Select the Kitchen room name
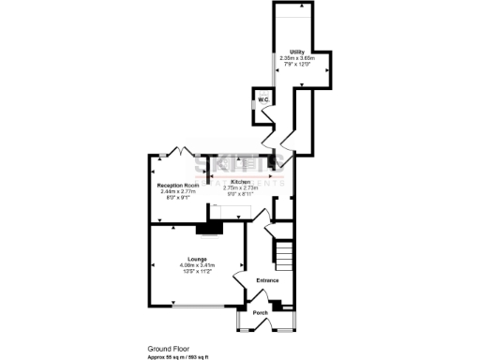tap(241, 181)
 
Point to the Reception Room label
tap(176, 186)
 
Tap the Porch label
tap(262, 313)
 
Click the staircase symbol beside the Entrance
tap(284, 254)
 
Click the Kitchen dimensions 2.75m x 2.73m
tap(241, 187)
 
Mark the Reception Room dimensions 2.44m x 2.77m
tap(176, 192)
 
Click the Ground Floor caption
tap(168, 347)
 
